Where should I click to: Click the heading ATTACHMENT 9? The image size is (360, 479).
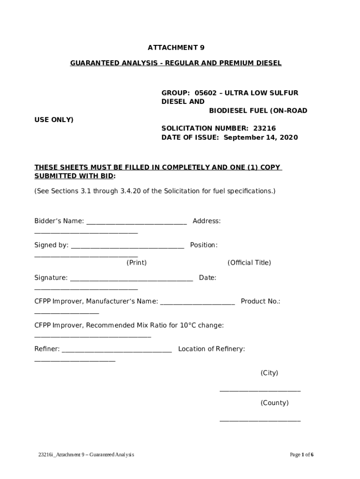coord(176,48)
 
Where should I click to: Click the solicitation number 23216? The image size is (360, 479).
coord(264,128)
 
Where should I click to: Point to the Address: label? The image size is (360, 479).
coord(207,221)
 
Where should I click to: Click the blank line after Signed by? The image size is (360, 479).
coord(127,247)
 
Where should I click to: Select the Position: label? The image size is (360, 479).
coord(204,245)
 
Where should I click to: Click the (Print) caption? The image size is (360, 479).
coord(137,263)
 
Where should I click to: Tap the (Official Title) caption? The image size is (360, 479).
coord(249,263)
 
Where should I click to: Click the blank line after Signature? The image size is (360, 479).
coord(131,280)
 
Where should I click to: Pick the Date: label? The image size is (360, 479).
coord(208,278)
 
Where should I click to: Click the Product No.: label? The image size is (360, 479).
coord(260,301)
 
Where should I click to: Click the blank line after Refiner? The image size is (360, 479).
coord(116,351)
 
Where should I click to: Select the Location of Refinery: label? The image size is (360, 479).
coord(211,349)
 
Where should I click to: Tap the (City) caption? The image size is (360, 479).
coord(269,373)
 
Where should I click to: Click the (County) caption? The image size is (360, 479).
coord(274,403)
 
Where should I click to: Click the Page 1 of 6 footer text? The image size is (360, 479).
coord(302,455)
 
